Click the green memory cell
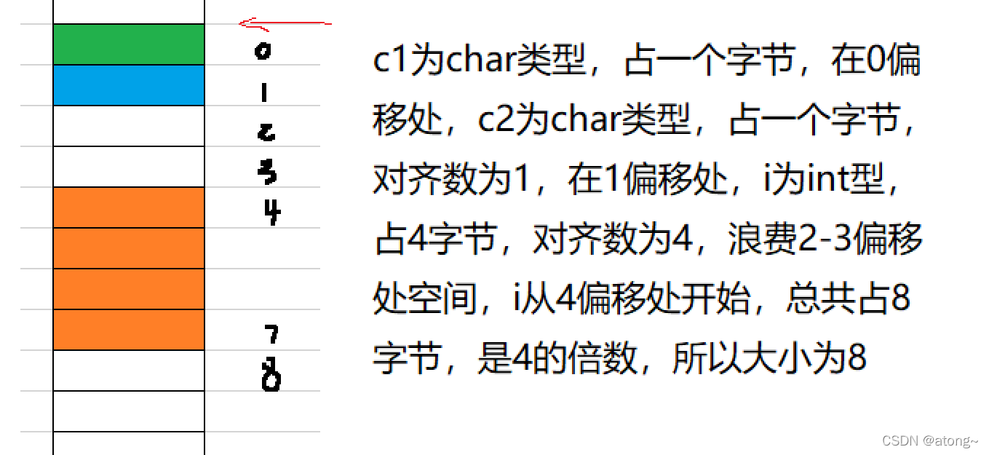click(x=129, y=44)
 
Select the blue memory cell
click(x=129, y=85)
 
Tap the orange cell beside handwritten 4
click(x=129, y=207)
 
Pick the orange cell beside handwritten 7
click(x=129, y=330)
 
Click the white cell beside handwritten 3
click(x=129, y=167)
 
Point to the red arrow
click(x=285, y=25)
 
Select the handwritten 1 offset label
click(x=263, y=92)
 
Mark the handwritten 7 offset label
click(x=271, y=334)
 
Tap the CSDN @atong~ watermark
click(x=929, y=441)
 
